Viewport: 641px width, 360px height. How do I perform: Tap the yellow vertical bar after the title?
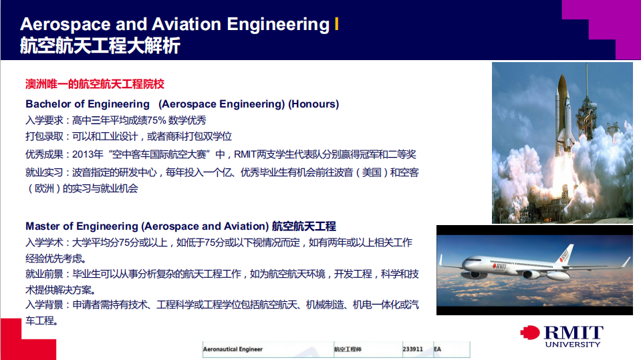(336, 23)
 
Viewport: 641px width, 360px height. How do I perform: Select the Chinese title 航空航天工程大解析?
(100, 45)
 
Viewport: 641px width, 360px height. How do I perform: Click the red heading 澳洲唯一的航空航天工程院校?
(95, 84)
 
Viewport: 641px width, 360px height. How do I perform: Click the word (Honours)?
(313, 104)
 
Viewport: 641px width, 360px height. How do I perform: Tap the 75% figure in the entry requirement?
(156, 120)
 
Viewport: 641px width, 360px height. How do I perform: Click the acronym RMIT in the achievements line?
(245, 154)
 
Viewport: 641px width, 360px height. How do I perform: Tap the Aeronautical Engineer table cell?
(233, 349)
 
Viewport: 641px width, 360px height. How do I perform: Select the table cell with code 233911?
(412, 349)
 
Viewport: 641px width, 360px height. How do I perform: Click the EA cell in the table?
(437, 349)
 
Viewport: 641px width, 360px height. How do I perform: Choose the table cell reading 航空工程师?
(348, 349)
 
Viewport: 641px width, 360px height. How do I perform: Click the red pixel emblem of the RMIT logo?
(530, 333)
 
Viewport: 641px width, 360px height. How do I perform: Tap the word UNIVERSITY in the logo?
(572, 345)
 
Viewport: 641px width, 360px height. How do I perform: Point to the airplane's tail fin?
(567, 253)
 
